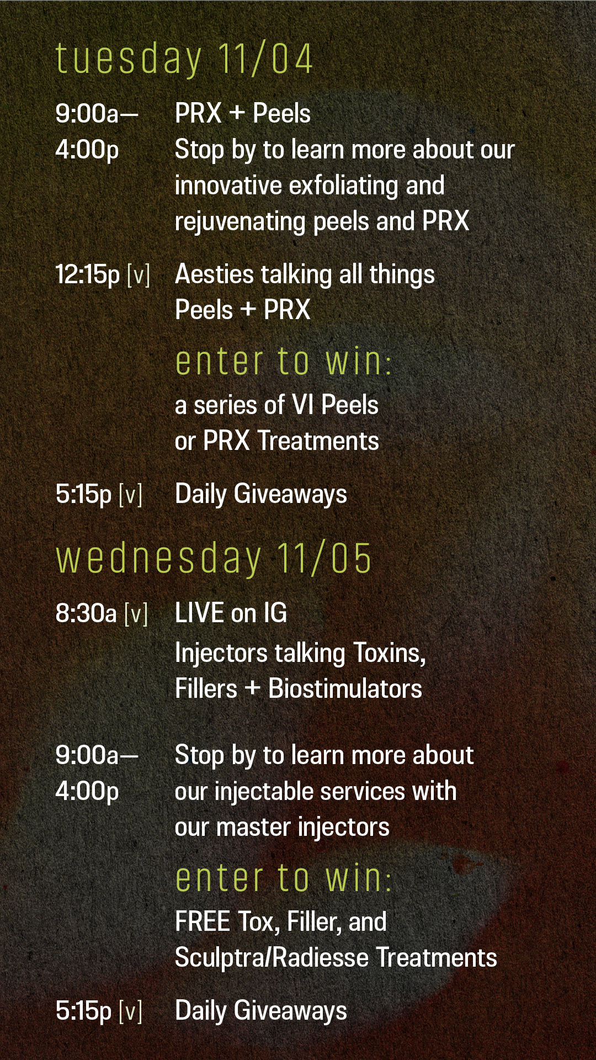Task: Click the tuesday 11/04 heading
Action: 184,59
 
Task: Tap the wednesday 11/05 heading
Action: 214,559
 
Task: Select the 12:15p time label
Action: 87,274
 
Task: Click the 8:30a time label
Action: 86,613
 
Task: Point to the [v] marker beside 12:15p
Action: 139,274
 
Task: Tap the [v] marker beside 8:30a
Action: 136,613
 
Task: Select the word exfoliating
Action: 343,186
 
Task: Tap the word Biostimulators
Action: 345,689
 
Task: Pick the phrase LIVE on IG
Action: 231,613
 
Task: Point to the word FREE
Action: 203,922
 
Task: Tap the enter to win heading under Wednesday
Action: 283,878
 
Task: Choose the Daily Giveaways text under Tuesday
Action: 261,494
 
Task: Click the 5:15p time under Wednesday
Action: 83,1011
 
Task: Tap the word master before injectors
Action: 253,828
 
